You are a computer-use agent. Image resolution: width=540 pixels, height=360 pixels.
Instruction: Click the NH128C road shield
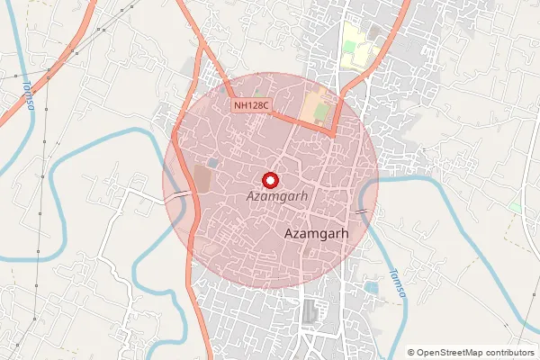pyautogui.click(x=251, y=106)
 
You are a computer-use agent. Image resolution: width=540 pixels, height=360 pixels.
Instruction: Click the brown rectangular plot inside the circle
pyautogui.click(x=202, y=177)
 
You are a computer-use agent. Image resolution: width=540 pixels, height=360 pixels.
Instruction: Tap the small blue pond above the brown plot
pyautogui.click(x=212, y=162)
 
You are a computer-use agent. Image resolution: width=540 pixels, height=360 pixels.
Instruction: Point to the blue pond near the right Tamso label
pyautogui.click(x=371, y=288)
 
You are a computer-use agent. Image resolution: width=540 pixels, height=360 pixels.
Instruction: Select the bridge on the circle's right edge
pyautogui.click(x=363, y=211)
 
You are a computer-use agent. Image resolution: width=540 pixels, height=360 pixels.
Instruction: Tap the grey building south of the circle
pyautogui.click(x=311, y=311)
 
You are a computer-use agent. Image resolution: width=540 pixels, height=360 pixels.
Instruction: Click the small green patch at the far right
pyautogui.click(x=516, y=207)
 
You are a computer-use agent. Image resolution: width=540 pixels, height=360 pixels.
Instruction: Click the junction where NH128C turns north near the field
pyautogui.click(x=334, y=130)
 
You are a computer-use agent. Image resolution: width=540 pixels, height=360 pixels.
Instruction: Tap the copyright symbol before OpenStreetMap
pyautogui.click(x=411, y=353)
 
